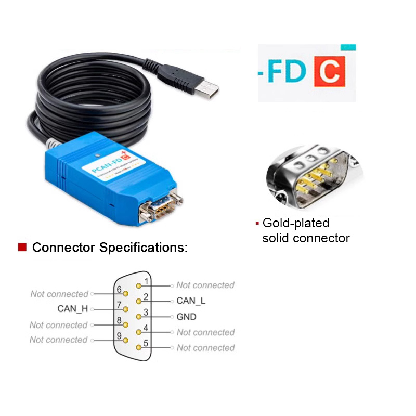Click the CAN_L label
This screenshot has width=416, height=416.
[191, 301]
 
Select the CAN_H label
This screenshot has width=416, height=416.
[73, 309]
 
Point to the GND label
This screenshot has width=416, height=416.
[186, 317]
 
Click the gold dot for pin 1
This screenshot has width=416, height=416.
[139, 285]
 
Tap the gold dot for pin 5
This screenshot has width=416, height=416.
[138, 347]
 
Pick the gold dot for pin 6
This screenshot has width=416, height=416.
[125, 294]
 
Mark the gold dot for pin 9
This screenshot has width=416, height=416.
[125, 340]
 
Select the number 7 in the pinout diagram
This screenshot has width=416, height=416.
[119, 305]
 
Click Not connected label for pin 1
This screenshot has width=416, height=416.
[205, 285]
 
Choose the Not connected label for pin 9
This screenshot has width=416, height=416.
[58, 340]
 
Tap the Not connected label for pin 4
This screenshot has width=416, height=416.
[205, 332]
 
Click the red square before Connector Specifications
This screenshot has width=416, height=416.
[22, 247]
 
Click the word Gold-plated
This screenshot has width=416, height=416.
[296, 223]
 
